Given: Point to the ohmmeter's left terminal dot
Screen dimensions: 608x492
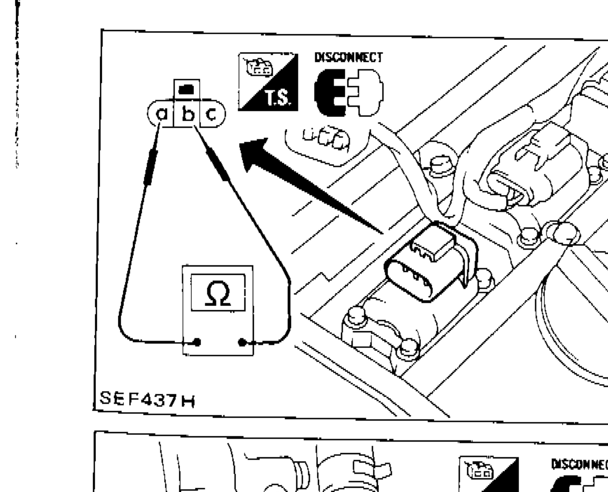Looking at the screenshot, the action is coord(197,342).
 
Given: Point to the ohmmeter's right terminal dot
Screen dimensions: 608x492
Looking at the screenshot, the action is coord(242,342).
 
